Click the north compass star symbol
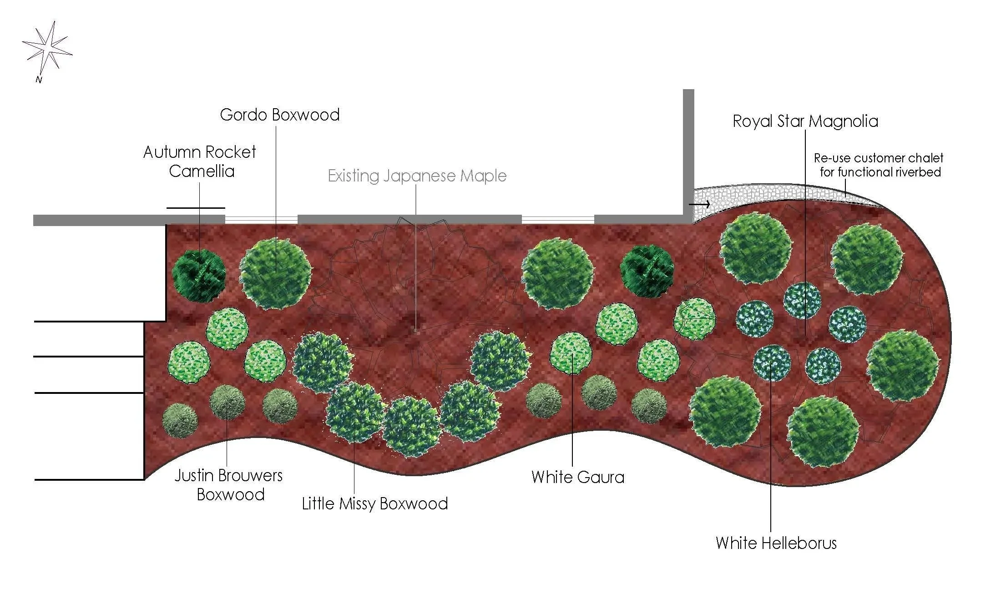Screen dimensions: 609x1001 pyautogui.click(x=47, y=47)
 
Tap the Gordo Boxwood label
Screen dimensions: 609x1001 pyautogui.click(x=280, y=115)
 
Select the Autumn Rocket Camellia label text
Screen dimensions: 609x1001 pyautogui.click(x=200, y=161)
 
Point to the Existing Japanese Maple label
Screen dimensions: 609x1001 pyautogui.click(x=417, y=176)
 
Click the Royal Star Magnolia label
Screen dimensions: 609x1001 pyautogui.click(x=805, y=121)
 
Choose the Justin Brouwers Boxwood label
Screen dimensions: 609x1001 pyautogui.click(x=229, y=485)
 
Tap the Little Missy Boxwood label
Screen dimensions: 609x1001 pyautogui.click(x=375, y=503)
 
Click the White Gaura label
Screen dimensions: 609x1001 pyautogui.click(x=578, y=477)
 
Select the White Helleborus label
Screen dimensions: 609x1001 pyautogui.click(x=776, y=543)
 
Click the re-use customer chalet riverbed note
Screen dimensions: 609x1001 pyautogui.click(x=879, y=165)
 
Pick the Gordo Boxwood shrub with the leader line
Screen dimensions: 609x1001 pyautogui.click(x=276, y=274)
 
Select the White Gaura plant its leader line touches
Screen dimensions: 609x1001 pyautogui.click(x=571, y=353)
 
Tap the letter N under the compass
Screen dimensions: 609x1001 pyautogui.click(x=39, y=80)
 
